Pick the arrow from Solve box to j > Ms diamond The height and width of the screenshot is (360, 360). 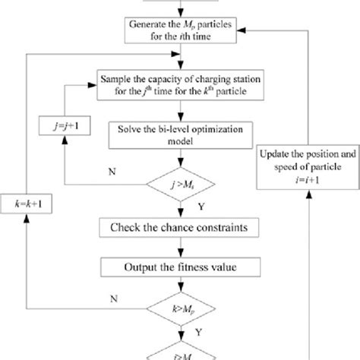(180, 161)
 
